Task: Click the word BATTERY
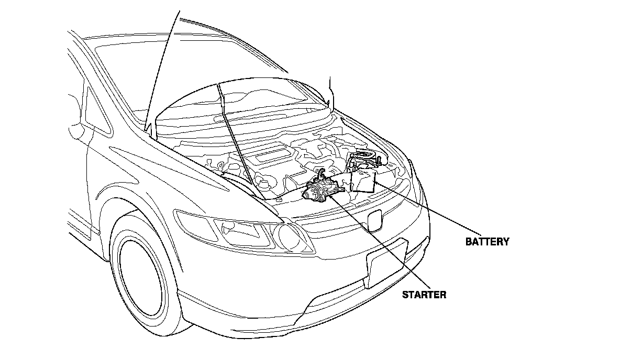(x=487, y=242)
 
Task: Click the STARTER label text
(x=424, y=295)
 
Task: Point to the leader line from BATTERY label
(x=429, y=209)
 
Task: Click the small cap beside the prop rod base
(x=279, y=199)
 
